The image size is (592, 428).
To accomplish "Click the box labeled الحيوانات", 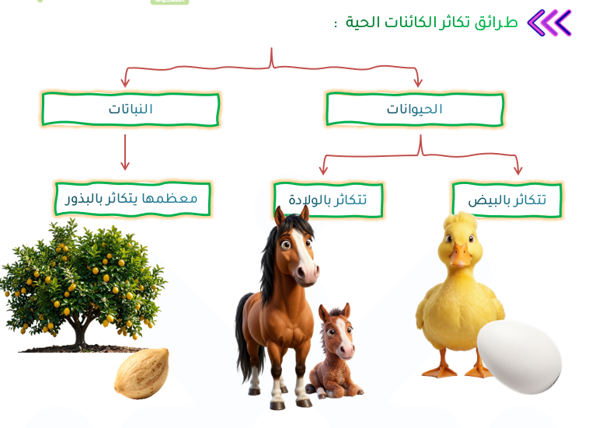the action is pos(415,109).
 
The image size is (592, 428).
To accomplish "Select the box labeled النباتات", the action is pos(131,109).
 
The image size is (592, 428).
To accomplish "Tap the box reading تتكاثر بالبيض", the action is pos(507,200).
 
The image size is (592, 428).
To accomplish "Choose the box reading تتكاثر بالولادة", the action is pos(328,200).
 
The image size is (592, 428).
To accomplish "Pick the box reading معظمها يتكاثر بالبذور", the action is pos(133,199).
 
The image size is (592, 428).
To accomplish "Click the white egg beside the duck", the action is pos(520,357).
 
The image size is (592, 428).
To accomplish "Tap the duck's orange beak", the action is pos(460,255).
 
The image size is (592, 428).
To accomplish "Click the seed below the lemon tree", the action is pos(142,374).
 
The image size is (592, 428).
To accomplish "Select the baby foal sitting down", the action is pos(334,351).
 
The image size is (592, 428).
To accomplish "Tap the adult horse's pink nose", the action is pos(307,273).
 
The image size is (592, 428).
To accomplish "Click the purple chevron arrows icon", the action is pos(549,23).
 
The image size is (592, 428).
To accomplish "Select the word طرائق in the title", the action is pos(496,23).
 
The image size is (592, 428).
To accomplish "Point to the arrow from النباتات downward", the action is pos(125,152).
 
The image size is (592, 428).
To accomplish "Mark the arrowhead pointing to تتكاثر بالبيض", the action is pos(518,169).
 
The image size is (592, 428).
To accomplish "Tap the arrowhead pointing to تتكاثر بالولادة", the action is pos(323,169).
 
